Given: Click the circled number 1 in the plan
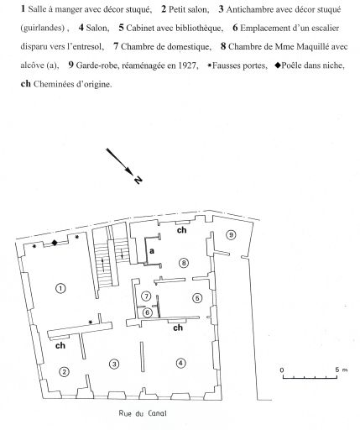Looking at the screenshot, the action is pos(60,288).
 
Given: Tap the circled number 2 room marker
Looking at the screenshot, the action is pos(65,372).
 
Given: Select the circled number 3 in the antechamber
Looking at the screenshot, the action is pos(114,364).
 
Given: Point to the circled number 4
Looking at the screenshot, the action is pos(181,363).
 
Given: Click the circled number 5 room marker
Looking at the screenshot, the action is pos(197,298).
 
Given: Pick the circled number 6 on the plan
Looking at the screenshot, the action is pos(147,312).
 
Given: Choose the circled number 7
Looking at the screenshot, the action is pos(146,296).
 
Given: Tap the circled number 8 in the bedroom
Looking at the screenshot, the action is pos(184,263).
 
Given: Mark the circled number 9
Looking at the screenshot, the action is pos(231,234).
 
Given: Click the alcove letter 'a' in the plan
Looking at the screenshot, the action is pos(152,251).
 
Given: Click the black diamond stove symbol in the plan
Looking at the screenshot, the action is pos(55,243).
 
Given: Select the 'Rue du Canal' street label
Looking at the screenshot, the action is pos(143,413).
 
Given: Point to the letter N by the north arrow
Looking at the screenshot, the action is pos(138,180).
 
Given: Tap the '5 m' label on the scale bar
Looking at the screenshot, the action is pos(342,370).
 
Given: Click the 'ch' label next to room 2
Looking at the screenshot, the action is pos(60,345).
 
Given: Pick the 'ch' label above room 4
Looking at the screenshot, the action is pos(178,328).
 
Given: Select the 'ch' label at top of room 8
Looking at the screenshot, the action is pos(182,230).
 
